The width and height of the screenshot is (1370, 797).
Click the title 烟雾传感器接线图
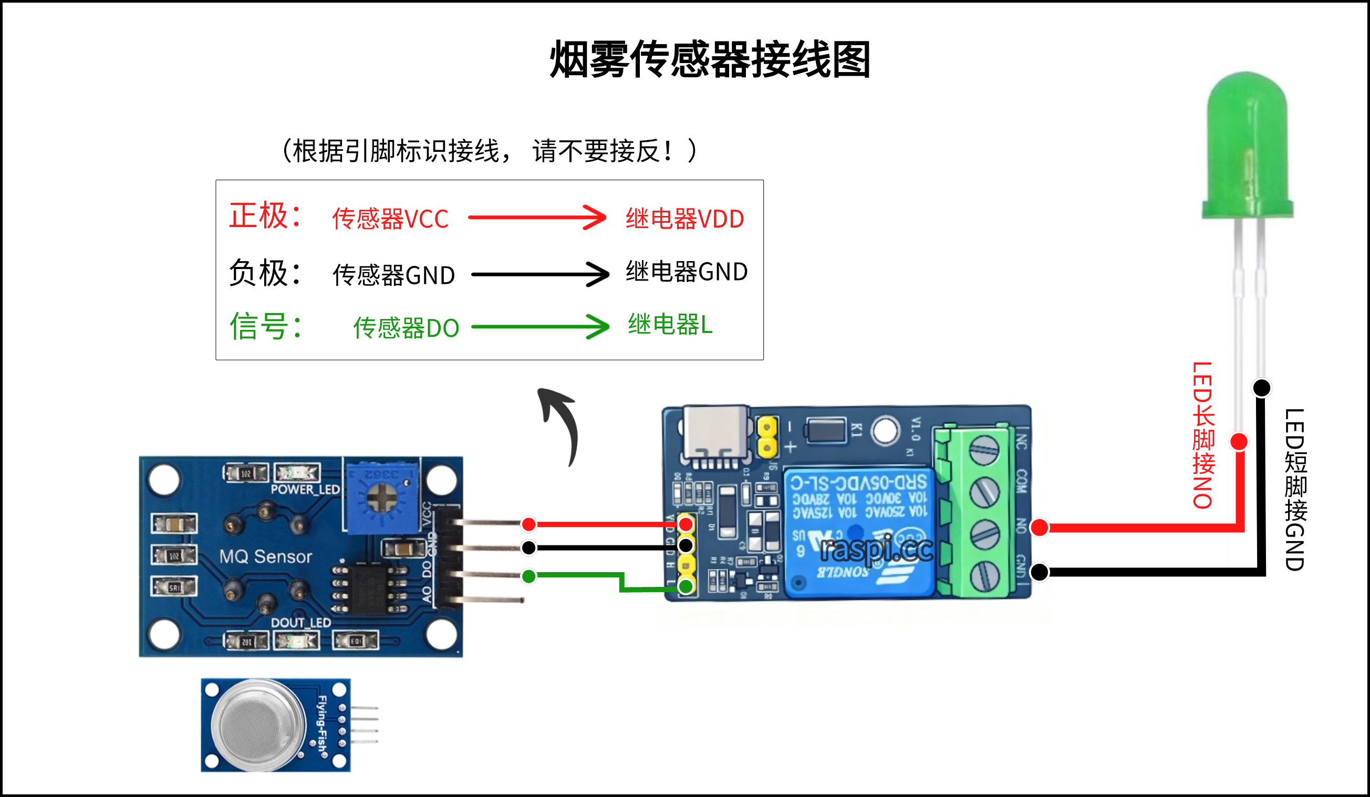[x=710, y=59]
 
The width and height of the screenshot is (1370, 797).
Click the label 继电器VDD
[x=684, y=219]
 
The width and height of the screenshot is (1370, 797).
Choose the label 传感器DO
[x=406, y=328]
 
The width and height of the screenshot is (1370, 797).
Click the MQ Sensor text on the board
[x=265, y=556]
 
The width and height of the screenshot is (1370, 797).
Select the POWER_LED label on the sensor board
[x=305, y=489]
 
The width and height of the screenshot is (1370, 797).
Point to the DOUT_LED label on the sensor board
[x=300, y=623]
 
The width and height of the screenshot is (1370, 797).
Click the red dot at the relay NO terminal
[x=1040, y=527]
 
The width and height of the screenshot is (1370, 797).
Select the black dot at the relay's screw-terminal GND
[x=1040, y=572]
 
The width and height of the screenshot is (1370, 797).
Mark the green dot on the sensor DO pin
[x=528, y=576]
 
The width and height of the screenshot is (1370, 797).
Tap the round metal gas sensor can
[x=258, y=724]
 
